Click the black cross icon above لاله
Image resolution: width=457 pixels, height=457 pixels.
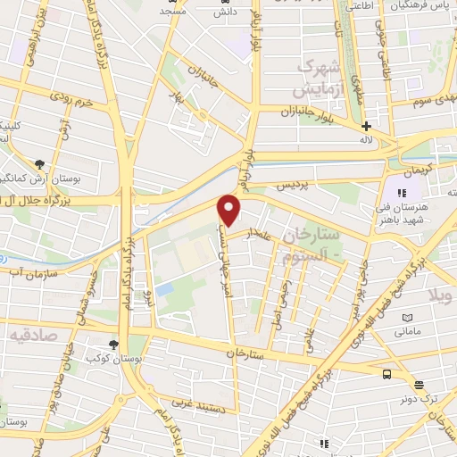coord(366,126)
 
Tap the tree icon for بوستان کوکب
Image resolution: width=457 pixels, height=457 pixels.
coord(114,344)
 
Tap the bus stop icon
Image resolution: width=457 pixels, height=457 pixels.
coord(387,375)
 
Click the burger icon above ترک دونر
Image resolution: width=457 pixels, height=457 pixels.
coord(419,386)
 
